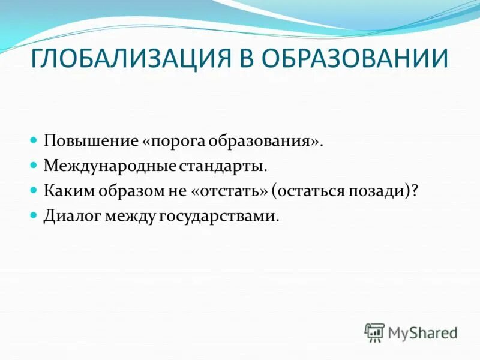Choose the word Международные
pyautogui.click(x=108, y=165)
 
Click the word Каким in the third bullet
pyautogui.click(x=65, y=190)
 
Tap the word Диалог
pyautogui.click(x=70, y=215)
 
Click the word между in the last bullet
pyautogui.click(x=128, y=215)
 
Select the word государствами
pyautogui.click(x=219, y=215)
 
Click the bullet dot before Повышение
pyautogui.click(x=34, y=139)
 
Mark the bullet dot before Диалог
pyautogui.click(x=34, y=214)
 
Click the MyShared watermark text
pyautogui.click(x=422, y=332)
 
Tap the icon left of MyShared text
pyautogui.click(x=374, y=332)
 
